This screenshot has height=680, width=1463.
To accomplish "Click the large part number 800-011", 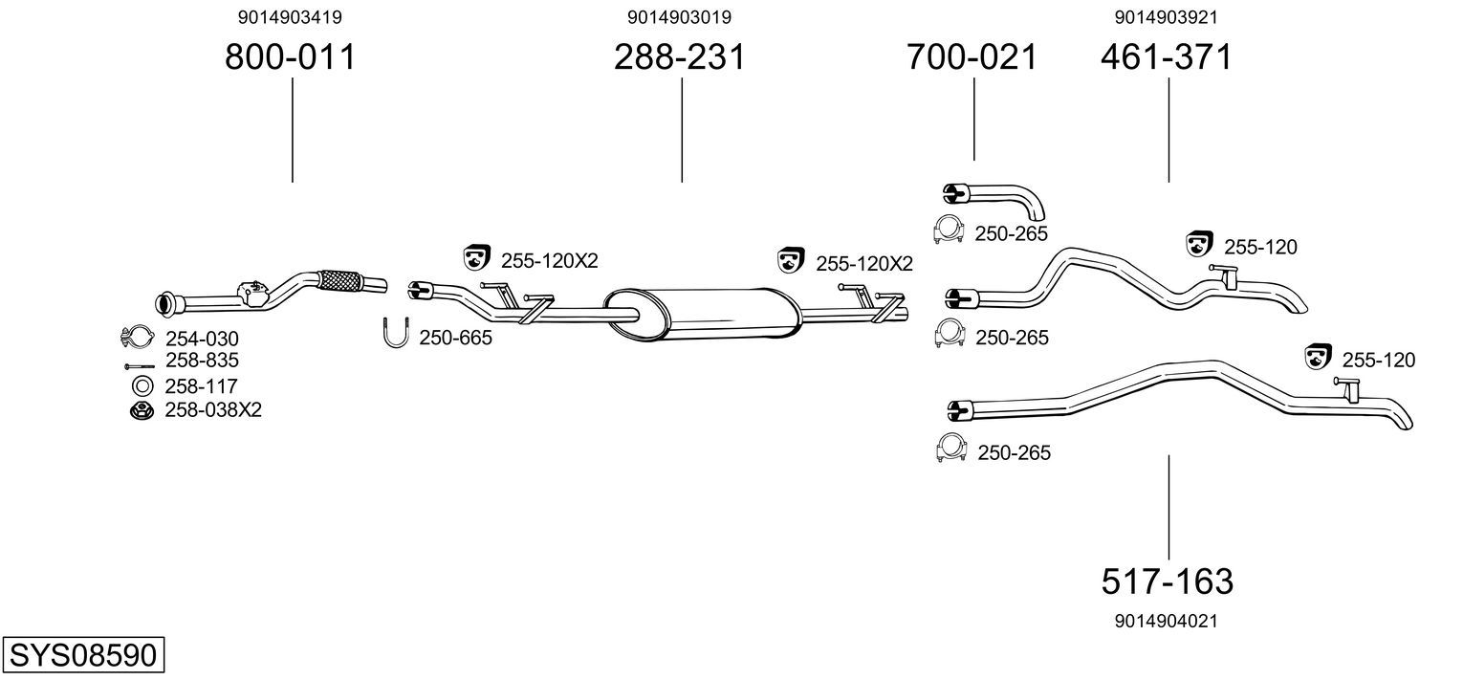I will point(290,57).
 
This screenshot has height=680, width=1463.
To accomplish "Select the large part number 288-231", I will point(680,57).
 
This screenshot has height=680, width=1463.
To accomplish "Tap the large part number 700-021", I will point(972,57).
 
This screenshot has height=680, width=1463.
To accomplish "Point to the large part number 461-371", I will point(1167,57).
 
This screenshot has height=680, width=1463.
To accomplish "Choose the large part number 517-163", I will point(1168,581).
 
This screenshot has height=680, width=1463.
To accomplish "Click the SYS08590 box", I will point(82,655).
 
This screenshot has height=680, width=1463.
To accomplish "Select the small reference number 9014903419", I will point(290,17).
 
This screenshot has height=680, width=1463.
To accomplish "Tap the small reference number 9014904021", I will point(1166,621).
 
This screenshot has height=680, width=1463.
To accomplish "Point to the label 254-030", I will point(202,339).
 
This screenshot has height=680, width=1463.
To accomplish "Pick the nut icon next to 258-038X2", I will point(142,411).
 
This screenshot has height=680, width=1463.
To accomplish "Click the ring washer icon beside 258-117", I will point(142,386).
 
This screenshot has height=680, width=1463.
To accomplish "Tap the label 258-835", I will point(202,361).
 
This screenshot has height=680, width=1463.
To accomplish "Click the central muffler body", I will point(703,313).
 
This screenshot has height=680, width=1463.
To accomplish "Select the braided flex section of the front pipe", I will point(339,281).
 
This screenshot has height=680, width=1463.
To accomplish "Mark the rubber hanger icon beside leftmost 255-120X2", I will point(476,257).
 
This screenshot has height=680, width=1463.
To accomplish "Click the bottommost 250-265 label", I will point(1014,452).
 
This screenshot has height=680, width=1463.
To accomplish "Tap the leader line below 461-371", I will point(1168,129).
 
